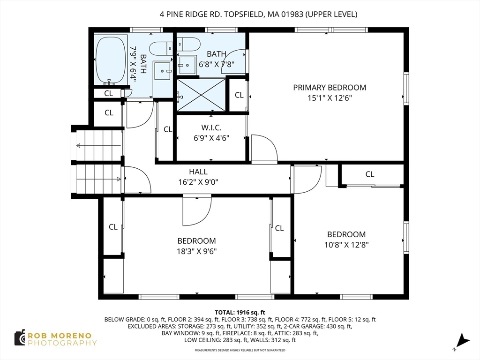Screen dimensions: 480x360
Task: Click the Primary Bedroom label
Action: [330, 88]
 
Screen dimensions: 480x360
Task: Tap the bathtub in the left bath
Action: [111, 60]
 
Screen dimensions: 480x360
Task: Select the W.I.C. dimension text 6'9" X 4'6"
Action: [211, 138]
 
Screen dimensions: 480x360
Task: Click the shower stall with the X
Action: [201, 95]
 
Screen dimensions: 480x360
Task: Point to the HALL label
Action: [198, 172]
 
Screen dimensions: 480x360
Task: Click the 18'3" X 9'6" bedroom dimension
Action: [196, 251]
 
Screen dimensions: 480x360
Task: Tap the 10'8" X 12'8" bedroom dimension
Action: [346, 245]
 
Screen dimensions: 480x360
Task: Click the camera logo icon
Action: [20, 338]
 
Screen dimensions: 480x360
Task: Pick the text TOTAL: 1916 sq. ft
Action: [240, 313]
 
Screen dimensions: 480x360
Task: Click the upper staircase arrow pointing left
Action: [99, 145]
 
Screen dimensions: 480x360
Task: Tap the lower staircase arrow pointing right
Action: [99, 180]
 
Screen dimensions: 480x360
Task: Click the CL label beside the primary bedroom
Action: [239, 95]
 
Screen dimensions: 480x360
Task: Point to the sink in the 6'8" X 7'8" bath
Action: [187, 65]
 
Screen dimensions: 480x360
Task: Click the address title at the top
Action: [258, 14]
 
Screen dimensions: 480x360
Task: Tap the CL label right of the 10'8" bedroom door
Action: [370, 174]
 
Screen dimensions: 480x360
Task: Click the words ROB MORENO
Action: [60, 336]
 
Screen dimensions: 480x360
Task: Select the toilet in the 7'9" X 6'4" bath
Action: [161, 48]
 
